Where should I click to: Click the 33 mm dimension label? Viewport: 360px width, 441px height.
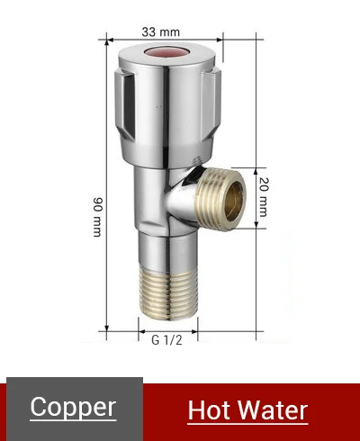(x=161, y=31)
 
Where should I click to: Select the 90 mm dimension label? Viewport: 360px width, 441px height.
(x=98, y=217)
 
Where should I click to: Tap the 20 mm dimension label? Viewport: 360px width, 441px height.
(x=264, y=197)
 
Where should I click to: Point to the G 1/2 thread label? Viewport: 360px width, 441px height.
(x=166, y=340)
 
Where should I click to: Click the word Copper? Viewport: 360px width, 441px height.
(x=73, y=407)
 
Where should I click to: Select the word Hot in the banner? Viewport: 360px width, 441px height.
(x=210, y=410)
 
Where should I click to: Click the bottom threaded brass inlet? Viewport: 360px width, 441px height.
(x=168, y=292)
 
